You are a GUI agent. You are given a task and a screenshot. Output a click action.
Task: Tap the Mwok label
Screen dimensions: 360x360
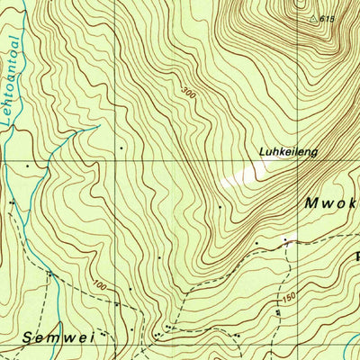click(x=330, y=203)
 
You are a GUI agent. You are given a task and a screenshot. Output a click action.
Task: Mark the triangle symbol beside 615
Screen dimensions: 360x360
click(x=312, y=17)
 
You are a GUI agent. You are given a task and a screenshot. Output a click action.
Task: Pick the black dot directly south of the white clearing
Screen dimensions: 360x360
click(x=219, y=207)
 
